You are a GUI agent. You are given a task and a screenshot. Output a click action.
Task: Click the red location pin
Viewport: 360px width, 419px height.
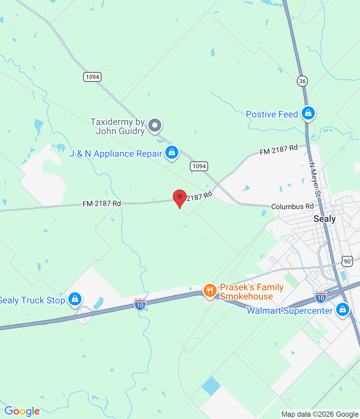click(180, 197)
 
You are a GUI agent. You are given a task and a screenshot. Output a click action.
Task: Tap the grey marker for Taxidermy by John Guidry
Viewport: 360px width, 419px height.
click(155, 125)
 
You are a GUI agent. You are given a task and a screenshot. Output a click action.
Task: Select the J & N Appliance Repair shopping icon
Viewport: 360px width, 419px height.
click(172, 152)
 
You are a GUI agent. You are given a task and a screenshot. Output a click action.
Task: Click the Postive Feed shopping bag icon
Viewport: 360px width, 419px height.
click(308, 113)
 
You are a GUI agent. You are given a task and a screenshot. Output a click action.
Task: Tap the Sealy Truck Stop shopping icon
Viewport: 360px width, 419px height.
click(75, 299)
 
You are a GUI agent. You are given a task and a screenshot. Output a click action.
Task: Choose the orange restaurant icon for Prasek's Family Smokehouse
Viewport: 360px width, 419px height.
click(210, 290)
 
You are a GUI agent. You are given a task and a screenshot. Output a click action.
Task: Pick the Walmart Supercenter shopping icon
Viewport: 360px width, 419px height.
click(342, 309)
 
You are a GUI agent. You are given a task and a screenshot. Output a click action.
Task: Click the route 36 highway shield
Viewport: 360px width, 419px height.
click(302, 81)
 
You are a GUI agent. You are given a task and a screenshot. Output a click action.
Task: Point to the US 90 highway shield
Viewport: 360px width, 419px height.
click(347, 261)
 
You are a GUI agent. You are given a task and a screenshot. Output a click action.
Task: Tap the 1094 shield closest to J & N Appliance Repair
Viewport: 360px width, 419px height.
click(199, 166)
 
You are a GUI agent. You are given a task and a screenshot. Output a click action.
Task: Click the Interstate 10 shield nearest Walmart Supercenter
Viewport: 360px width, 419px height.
click(321, 298)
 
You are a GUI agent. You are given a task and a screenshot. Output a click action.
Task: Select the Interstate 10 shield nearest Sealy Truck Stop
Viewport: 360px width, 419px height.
click(140, 304)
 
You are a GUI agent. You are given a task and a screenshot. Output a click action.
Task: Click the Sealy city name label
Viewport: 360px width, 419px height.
click(324, 219)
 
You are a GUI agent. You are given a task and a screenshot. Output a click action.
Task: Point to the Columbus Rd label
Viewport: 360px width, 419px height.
click(292, 207)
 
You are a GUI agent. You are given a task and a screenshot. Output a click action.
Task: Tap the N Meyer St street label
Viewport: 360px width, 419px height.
click(315, 180)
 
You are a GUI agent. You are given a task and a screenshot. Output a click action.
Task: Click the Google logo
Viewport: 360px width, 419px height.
click(22, 411)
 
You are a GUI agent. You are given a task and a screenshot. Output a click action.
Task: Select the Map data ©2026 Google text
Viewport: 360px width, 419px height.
click(320, 414)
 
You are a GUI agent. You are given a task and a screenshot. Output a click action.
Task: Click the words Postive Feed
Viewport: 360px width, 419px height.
click(272, 114)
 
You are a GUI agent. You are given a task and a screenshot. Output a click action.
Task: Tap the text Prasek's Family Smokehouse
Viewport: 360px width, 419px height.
click(251, 292)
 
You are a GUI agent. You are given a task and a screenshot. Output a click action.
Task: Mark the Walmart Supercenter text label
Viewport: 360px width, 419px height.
click(289, 311)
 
